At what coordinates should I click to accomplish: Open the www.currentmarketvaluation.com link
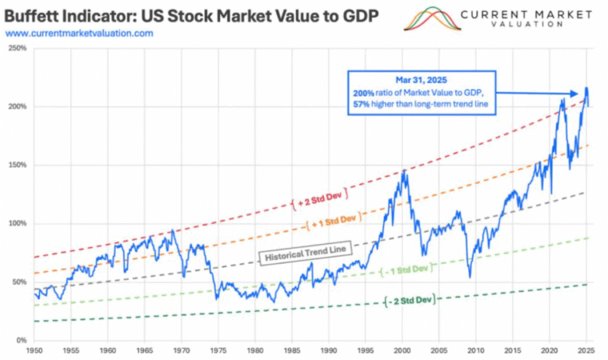point(79,33)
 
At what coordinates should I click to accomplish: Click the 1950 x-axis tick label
point(34,351)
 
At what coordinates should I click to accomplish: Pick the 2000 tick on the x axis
point(403,351)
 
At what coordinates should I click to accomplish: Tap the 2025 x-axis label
point(587,351)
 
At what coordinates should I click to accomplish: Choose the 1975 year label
point(218,351)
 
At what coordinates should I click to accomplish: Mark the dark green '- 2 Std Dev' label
point(410,301)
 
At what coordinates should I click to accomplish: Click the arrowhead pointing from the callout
point(575,93)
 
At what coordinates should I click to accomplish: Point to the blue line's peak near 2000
point(404,170)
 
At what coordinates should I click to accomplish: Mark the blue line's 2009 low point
point(469,277)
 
